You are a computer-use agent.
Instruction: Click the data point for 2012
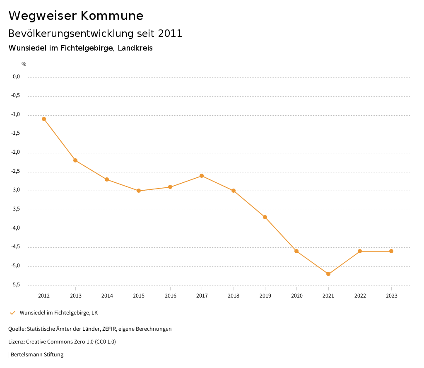pos(44,119)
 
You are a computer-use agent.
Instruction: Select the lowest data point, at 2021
pos(328,274)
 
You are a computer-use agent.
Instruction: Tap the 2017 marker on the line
pos(202,176)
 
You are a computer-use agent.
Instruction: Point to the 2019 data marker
pos(265,217)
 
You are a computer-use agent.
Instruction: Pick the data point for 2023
pos(391,251)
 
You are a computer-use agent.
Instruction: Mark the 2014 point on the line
pos(107,179)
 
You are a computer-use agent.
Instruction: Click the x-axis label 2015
pos(139,296)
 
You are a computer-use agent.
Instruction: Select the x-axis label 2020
pos(296,296)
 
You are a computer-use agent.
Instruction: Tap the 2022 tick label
pos(360,296)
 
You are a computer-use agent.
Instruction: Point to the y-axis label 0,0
pos(17,77)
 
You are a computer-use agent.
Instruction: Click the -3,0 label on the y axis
pos(16,190)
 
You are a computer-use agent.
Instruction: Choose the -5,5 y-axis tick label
pos(16,285)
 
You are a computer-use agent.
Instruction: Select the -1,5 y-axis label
pos(16,133)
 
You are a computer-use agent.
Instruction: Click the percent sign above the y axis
pos(24,64)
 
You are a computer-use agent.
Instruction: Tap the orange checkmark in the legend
pos(12,313)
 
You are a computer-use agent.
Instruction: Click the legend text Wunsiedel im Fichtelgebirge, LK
pos(59,313)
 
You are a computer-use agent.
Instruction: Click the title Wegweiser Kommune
pos(76,16)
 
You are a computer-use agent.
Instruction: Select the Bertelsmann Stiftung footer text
pos(37,355)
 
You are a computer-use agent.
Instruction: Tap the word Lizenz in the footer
pos(16,342)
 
